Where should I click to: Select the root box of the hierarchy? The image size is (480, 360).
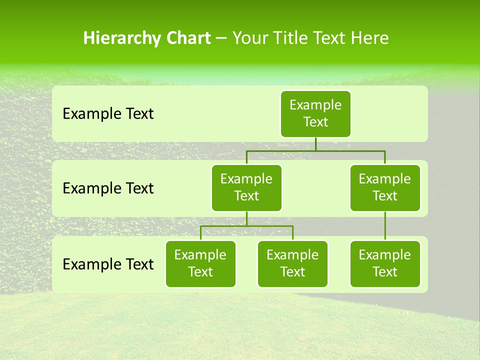pos(315,113)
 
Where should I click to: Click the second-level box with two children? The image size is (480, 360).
pos(246,187)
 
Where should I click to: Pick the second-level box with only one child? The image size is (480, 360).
pos(385,187)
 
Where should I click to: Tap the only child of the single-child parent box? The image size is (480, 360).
pos(385,263)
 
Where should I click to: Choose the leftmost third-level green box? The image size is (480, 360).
pos(200,263)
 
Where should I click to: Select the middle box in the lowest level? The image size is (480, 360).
pos(292,263)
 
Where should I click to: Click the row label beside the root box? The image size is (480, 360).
pos(108,114)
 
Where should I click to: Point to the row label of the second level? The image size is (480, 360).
pos(108,188)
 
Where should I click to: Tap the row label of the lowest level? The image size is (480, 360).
pos(108,264)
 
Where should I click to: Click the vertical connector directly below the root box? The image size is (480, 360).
pos(315,144)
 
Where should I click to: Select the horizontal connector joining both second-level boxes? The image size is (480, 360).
pos(315,150)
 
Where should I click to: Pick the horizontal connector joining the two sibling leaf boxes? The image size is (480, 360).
pos(246,226)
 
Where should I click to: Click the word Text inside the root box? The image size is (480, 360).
pos(315,122)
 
